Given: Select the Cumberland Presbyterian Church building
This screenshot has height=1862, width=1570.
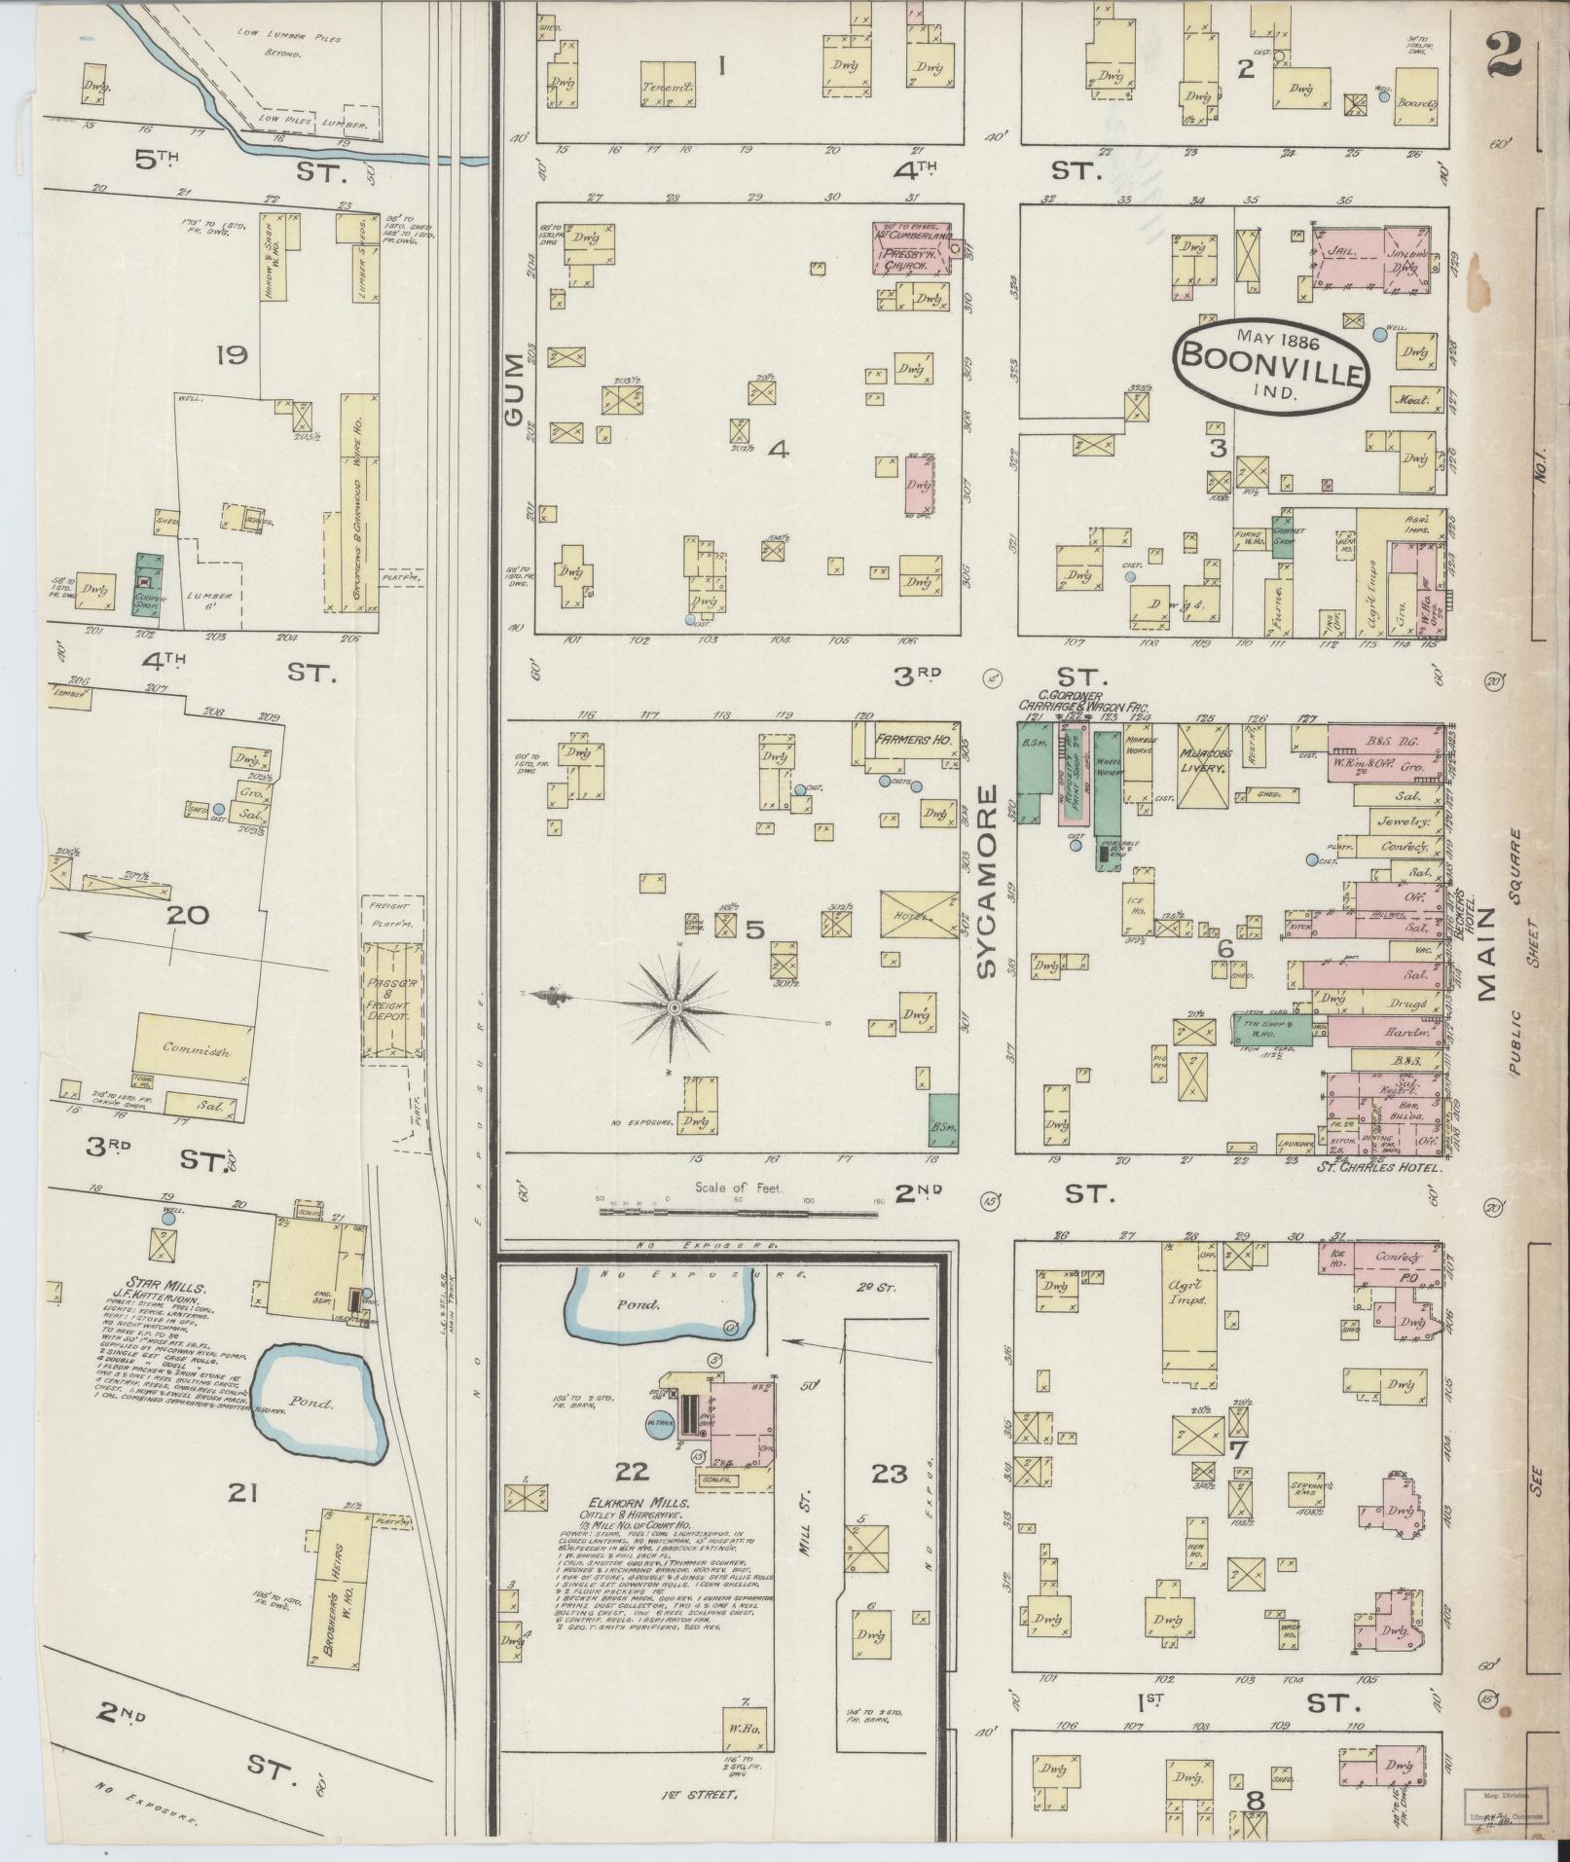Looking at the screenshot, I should click(x=911, y=246).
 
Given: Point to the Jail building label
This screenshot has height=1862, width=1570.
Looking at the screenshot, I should click(x=1342, y=251).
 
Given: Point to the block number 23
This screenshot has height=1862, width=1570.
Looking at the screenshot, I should click(x=888, y=1501).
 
